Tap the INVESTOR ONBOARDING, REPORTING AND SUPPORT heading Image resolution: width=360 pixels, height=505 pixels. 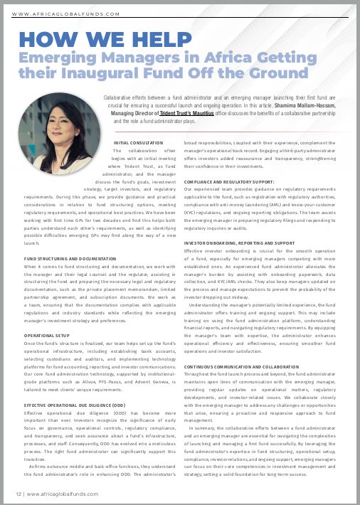click(238, 243)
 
